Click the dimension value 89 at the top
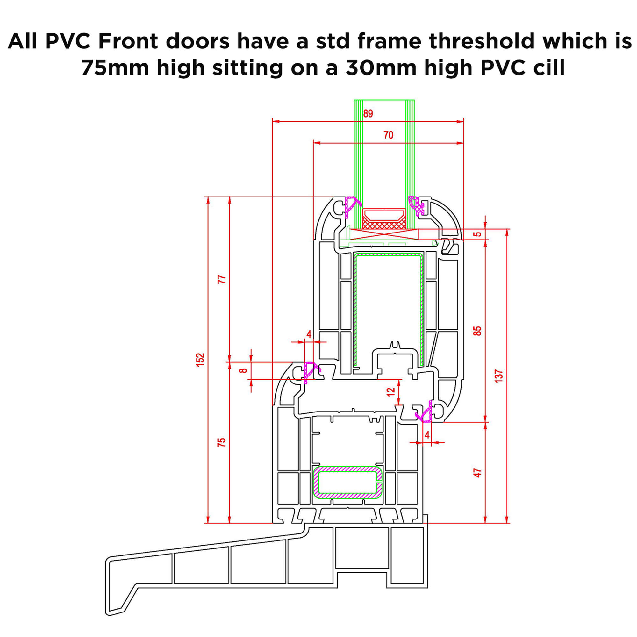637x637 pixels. [368, 114]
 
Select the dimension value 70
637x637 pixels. [388, 135]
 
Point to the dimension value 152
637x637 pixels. [200, 359]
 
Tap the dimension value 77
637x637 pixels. [222, 279]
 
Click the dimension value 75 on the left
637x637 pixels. [222, 442]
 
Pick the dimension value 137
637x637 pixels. [499, 376]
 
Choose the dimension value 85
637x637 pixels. [477, 331]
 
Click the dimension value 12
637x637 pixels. [391, 392]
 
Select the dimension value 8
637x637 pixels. [243, 370]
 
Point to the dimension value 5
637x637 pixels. [477, 234]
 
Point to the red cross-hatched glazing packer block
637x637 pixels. [384, 224]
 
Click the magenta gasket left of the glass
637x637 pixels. [352, 207]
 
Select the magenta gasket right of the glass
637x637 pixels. [416, 205]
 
